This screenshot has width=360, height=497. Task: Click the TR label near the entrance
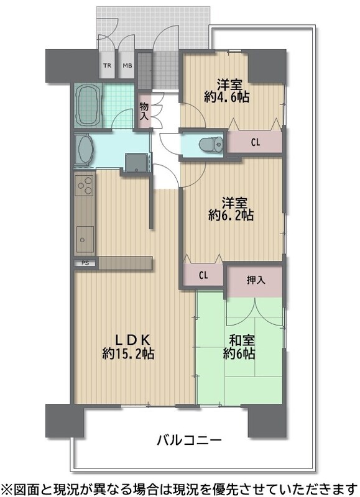(107, 66)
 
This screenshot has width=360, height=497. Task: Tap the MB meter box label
(127, 66)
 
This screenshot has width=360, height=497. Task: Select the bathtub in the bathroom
(89, 106)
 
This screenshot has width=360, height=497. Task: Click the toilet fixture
(211, 144)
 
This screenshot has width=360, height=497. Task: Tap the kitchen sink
(85, 239)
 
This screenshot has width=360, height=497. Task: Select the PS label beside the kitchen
(85, 263)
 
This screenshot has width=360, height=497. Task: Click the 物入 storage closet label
(144, 111)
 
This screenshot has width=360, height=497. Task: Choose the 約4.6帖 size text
(226, 97)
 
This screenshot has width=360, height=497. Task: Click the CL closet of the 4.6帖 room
(256, 142)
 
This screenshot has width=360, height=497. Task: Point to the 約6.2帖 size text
(231, 216)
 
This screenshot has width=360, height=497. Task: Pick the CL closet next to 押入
(203, 275)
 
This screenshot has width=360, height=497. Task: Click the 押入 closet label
(256, 280)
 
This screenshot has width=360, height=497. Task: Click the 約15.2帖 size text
(129, 353)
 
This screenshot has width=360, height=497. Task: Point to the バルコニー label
(190, 440)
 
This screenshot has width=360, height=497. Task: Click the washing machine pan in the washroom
(137, 163)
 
